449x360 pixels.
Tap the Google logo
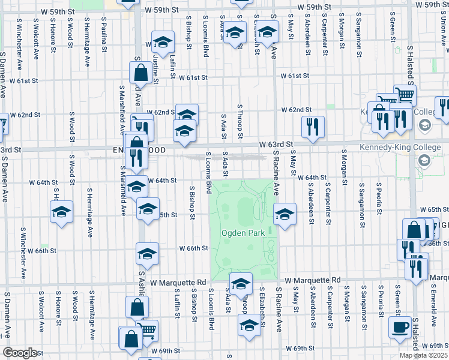(x=20, y=353)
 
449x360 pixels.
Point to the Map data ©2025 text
(x=423, y=355)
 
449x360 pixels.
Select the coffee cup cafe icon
(x=400, y=328)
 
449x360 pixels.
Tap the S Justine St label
(x=155, y=67)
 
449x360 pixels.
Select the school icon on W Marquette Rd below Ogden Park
(x=241, y=284)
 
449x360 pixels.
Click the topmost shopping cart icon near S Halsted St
(x=405, y=95)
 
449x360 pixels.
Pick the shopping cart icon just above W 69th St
(x=148, y=330)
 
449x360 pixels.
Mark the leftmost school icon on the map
(x=61, y=212)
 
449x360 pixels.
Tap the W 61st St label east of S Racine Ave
(x=294, y=76)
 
